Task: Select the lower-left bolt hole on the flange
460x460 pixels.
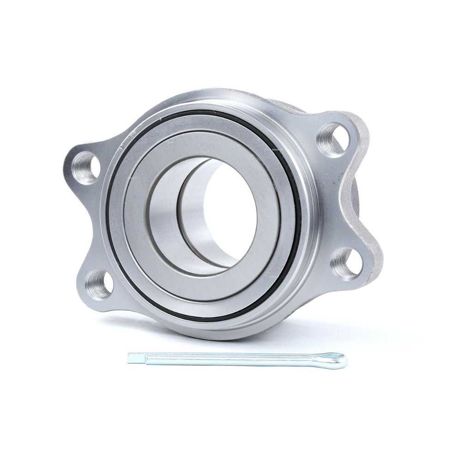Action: (99, 283)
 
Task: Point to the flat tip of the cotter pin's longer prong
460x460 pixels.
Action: (131, 357)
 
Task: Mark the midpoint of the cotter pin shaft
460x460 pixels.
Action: (231, 358)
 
